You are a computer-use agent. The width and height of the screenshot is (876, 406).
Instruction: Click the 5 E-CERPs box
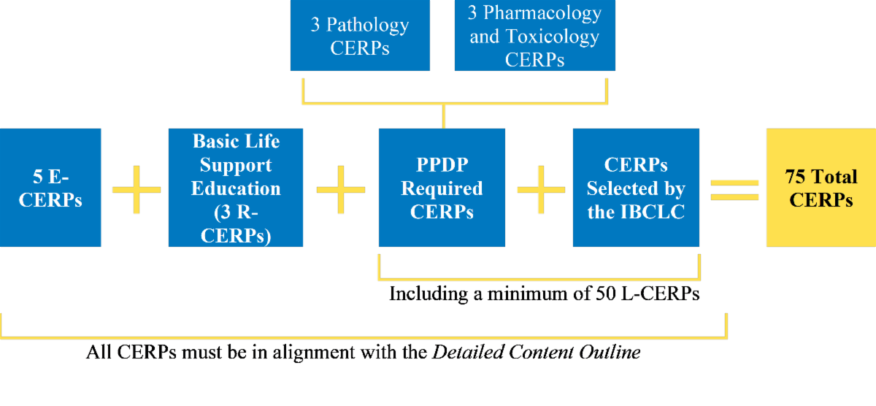50,188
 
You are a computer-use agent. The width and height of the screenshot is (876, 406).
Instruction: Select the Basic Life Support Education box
236,188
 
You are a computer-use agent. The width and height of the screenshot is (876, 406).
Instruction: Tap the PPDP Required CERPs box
442,188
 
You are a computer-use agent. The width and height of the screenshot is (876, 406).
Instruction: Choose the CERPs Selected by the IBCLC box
636,188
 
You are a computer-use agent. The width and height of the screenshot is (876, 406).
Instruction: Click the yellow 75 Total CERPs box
821,188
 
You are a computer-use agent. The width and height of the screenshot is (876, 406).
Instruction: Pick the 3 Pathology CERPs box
359,36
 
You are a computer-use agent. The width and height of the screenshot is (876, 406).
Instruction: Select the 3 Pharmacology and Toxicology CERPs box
535,36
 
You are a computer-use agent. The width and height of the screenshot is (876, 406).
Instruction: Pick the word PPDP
442,164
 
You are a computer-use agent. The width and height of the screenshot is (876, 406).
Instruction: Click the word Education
236,188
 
